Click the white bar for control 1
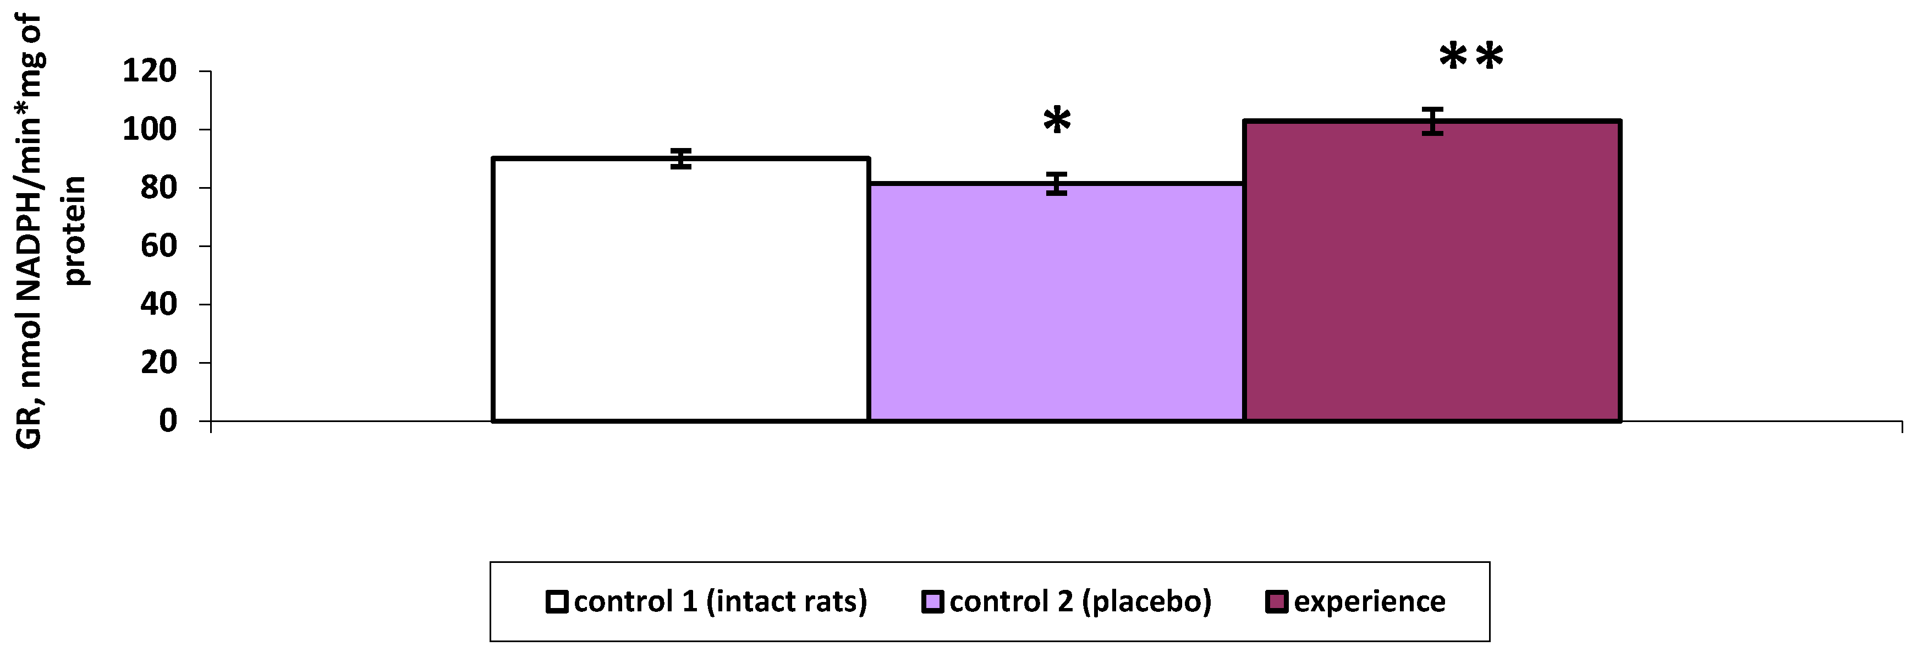681,290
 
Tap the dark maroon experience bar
1432,272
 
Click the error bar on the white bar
681,158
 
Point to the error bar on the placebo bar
1057,183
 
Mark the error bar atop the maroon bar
1432,121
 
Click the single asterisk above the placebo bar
1057,121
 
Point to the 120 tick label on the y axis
150,72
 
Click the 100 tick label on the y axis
150,129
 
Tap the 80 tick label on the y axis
158,188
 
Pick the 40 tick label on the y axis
158,304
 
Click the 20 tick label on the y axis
158,363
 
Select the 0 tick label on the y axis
168,421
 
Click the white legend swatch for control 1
557,601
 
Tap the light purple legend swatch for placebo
932,601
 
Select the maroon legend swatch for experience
1276,601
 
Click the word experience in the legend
1369,601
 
